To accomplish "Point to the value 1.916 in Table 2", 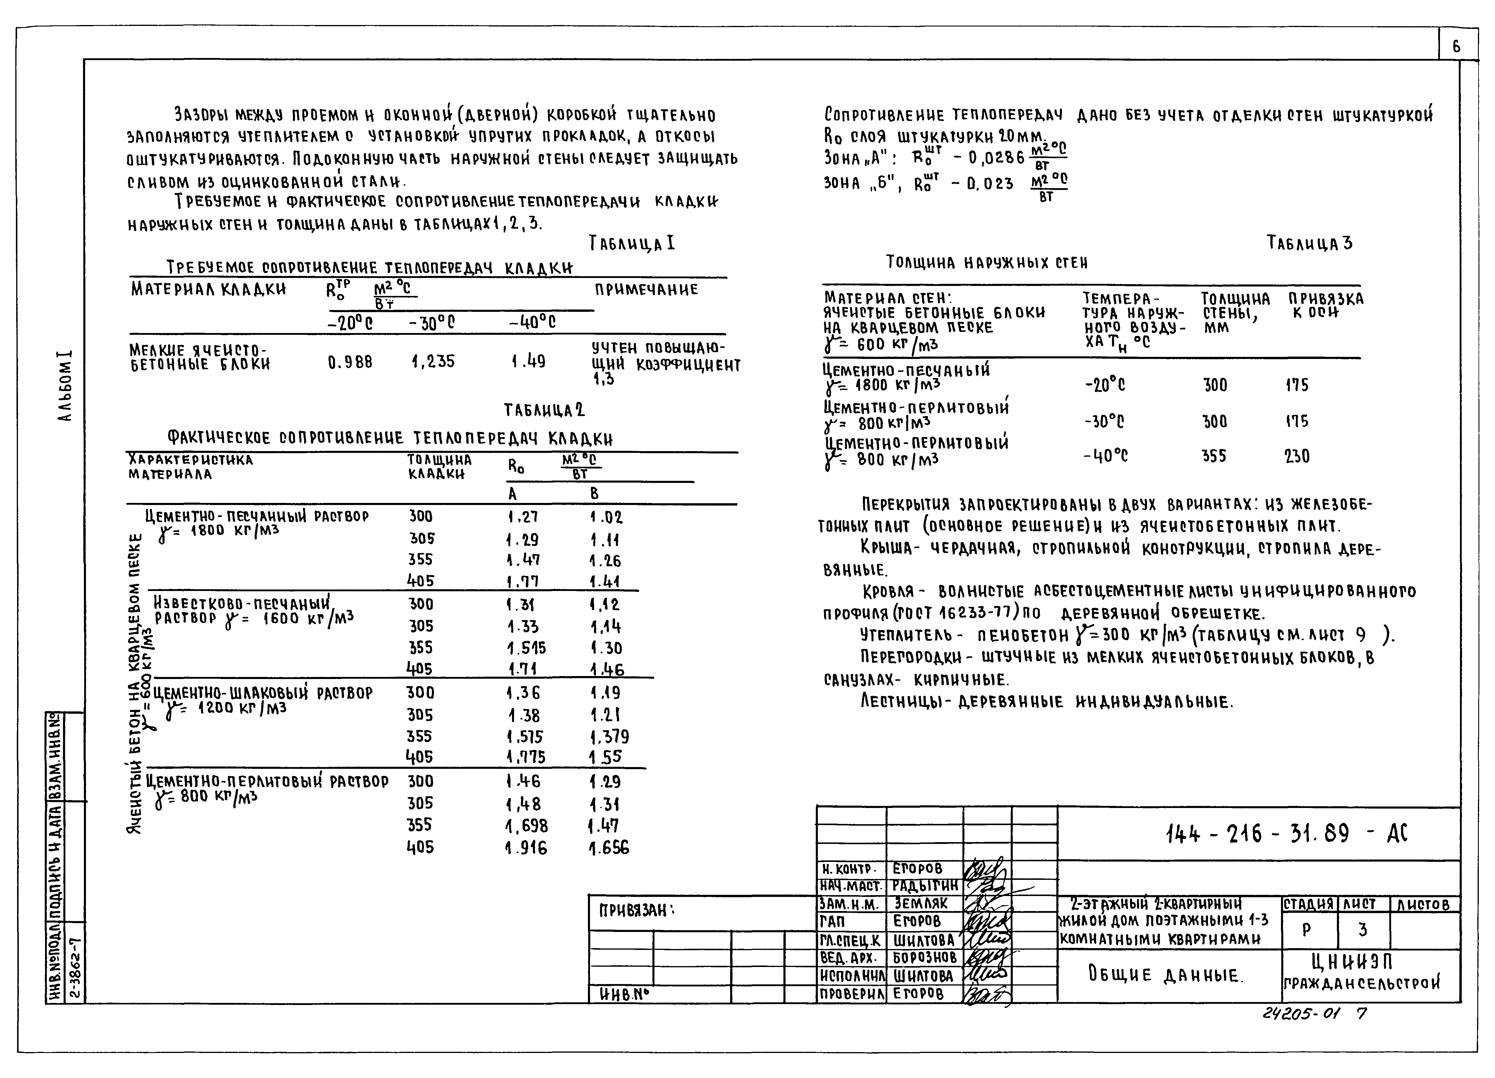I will click(526, 848).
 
